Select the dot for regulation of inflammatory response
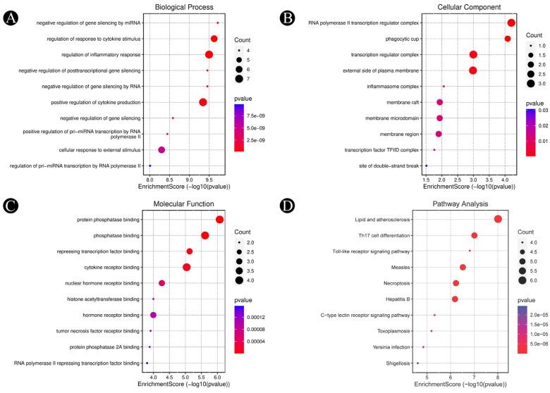click(x=209, y=55)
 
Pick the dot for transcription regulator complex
click(x=473, y=55)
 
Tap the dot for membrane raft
click(x=439, y=102)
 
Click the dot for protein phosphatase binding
click(x=219, y=220)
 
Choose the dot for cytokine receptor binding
click(x=187, y=267)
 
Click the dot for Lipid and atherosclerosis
click(x=498, y=220)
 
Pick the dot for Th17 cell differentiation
click(x=474, y=235)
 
